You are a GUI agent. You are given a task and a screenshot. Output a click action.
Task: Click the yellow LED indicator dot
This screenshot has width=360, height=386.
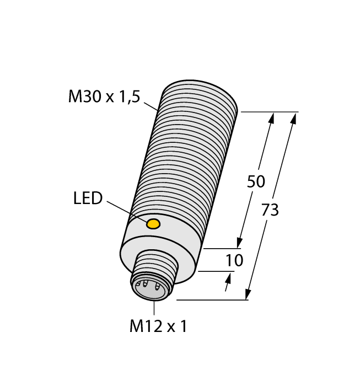coord(153,223)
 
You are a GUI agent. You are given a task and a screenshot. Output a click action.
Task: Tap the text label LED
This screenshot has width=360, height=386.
coord(88,199)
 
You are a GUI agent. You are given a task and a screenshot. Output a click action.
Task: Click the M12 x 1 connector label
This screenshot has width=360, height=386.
coord(158,326)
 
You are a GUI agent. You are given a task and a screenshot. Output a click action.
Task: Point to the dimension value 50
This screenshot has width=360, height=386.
coord(256,181)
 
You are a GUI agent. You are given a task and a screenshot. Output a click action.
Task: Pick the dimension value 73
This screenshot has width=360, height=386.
coord(270,210)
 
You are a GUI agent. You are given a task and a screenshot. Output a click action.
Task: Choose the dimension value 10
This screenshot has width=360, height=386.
coord(234,260)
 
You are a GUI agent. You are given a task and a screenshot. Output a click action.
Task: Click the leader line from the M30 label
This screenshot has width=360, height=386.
coord(151,106)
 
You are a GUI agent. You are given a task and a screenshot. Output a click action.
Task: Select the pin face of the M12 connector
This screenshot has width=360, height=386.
coord(150,287)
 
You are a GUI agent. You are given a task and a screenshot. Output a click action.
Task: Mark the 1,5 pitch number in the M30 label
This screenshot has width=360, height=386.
coord(128,97)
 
